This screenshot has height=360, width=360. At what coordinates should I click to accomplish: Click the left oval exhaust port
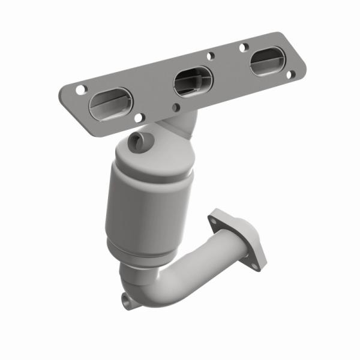point(109,103)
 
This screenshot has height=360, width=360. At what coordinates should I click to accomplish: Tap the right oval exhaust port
point(268,62)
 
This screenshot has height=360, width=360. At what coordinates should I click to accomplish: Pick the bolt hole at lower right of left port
point(138,118)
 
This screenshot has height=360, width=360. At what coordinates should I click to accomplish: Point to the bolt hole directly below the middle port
point(176,107)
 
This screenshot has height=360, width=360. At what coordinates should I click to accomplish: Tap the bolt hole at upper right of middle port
point(211,56)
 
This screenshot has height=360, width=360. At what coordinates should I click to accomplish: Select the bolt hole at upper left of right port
point(243,47)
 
